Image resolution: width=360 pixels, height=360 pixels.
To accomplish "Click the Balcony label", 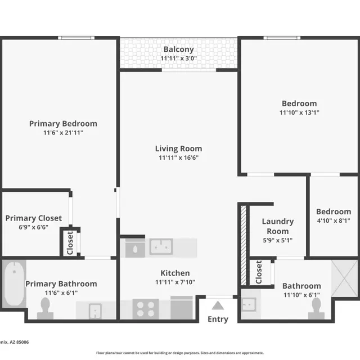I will (178, 49).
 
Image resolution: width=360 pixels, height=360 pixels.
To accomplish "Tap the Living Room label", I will (178, 148).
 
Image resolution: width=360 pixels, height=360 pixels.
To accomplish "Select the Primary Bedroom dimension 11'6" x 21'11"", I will (63, 133).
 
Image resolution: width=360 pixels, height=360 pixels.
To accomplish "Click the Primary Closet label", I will (34, 218).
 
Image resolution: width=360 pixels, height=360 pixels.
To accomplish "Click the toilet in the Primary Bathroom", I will (45, 307).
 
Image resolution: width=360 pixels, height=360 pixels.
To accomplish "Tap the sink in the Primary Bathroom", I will (96, 309).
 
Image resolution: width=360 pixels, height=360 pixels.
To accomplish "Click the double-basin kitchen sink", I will (161, 246).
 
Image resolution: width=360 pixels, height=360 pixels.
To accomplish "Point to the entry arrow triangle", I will (218, 305).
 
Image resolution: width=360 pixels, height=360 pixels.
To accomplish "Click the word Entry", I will (218, 319).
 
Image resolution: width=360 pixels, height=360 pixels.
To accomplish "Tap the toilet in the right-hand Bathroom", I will (315, 307).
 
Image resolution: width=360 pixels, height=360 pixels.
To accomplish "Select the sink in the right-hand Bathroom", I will (248, 304).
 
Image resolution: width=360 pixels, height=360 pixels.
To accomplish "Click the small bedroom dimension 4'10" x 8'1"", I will (333, 221).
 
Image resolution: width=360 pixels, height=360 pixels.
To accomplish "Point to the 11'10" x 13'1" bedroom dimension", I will (299, 112).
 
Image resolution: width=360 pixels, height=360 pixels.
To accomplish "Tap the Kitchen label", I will (178, 273).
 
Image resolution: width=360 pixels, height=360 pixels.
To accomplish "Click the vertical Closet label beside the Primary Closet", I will (70, 242).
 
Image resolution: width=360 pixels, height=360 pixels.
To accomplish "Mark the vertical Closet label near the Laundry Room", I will (258, 272).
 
